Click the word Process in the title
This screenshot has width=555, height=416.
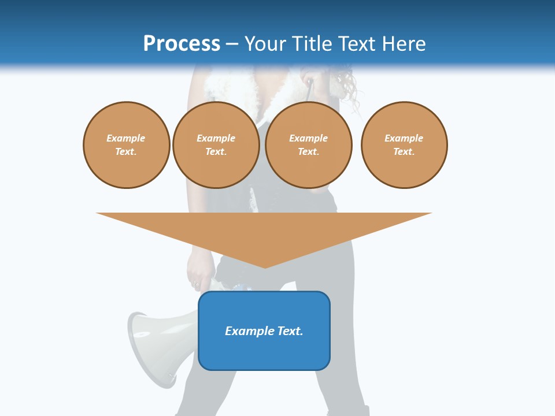point(182,44)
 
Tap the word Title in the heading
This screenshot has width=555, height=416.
point(311,44)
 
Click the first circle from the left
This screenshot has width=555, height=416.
point(126,145)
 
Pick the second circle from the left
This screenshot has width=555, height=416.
point(216,145)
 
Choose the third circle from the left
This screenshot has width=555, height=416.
point(308,145)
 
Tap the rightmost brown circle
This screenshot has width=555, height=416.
point(404,145)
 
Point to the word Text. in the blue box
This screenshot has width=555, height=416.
point(289,331)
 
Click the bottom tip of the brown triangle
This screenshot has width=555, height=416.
point(265,266)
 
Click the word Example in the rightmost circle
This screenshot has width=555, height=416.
point(404,138)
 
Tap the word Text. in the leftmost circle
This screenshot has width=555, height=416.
point(126,152)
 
